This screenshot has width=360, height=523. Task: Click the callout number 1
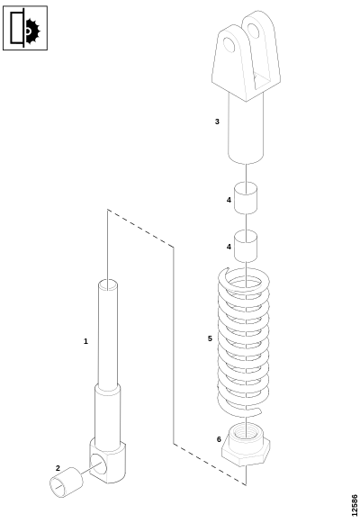(x=85, y=341)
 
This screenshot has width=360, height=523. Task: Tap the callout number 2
(x=58, y=468)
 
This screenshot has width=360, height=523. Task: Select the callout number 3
(x=217, y=122)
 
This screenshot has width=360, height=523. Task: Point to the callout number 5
(x=210, y=338)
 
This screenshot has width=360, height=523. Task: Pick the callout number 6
(x=219, y=439)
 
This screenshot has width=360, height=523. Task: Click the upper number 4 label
(x=229, y=200)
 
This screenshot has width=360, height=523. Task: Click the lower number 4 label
(x=229, y=247)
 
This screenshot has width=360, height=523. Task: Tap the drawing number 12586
(x=355, y=505)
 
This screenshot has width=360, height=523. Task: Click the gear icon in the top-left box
(x=32, y=32)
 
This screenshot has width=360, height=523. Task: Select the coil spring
(x=243, y=342)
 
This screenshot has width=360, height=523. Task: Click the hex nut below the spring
(x=246, y=445)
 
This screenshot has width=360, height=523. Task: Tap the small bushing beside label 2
(x=66, y=482)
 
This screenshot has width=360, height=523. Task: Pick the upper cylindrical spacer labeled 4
(x=246, y=198)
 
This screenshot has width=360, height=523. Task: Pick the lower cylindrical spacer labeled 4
(x=246, y=246)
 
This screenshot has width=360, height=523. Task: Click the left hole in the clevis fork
(x=229, y=45)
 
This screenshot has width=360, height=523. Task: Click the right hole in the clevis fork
(x=254, y=31)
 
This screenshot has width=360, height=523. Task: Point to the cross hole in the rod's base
(x=98, y=464)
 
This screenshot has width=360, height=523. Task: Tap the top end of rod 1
(x=108, y=285)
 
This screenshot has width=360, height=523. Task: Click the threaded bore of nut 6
(x=246, y=432)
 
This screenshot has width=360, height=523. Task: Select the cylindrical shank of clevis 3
(x=246, y=129)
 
